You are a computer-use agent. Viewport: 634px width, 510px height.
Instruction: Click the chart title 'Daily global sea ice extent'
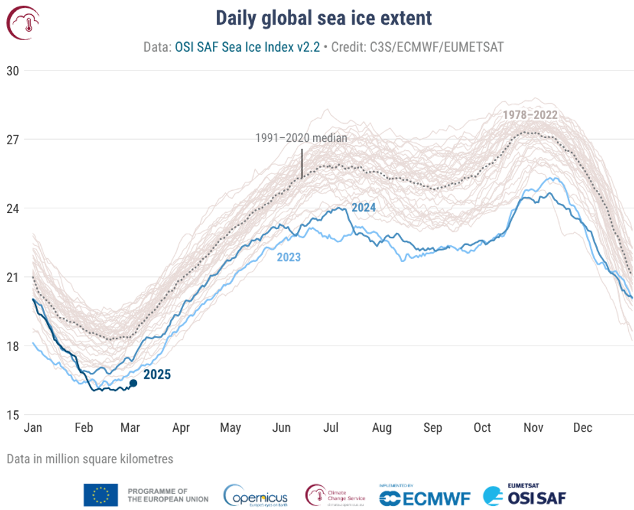323,17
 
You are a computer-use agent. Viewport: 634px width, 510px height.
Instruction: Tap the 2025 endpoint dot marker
133,383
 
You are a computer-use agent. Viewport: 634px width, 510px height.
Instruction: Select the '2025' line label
157,374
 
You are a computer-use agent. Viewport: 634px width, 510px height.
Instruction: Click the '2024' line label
364,208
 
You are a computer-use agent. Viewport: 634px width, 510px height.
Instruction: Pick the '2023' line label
289,257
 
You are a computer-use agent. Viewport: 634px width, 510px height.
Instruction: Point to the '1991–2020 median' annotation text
301,138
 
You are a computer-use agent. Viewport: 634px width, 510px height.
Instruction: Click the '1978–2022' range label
529,115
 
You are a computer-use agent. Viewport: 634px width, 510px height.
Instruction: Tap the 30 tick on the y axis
13,71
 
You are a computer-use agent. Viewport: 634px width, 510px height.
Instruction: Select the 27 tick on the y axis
13,139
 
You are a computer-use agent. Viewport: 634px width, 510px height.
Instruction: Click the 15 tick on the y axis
13,415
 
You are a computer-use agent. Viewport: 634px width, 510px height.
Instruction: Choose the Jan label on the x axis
33,428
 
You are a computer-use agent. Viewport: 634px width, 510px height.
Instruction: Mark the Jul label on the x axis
331,428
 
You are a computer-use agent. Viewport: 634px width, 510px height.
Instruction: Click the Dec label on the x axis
583,428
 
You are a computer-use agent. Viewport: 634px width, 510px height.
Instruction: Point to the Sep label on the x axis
432,428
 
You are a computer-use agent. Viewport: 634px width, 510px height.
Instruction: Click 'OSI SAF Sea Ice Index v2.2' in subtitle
247,47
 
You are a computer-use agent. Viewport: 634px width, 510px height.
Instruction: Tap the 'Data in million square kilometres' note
90,459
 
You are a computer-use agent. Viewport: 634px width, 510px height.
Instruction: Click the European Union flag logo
100,495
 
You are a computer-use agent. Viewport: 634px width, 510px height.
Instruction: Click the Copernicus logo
256,496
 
